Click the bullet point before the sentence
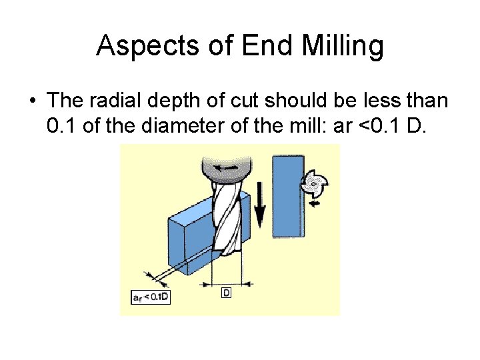[x=31, y=101]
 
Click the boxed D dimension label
[x=226, y=293]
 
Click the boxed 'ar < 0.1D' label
[x=151, y=297]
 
